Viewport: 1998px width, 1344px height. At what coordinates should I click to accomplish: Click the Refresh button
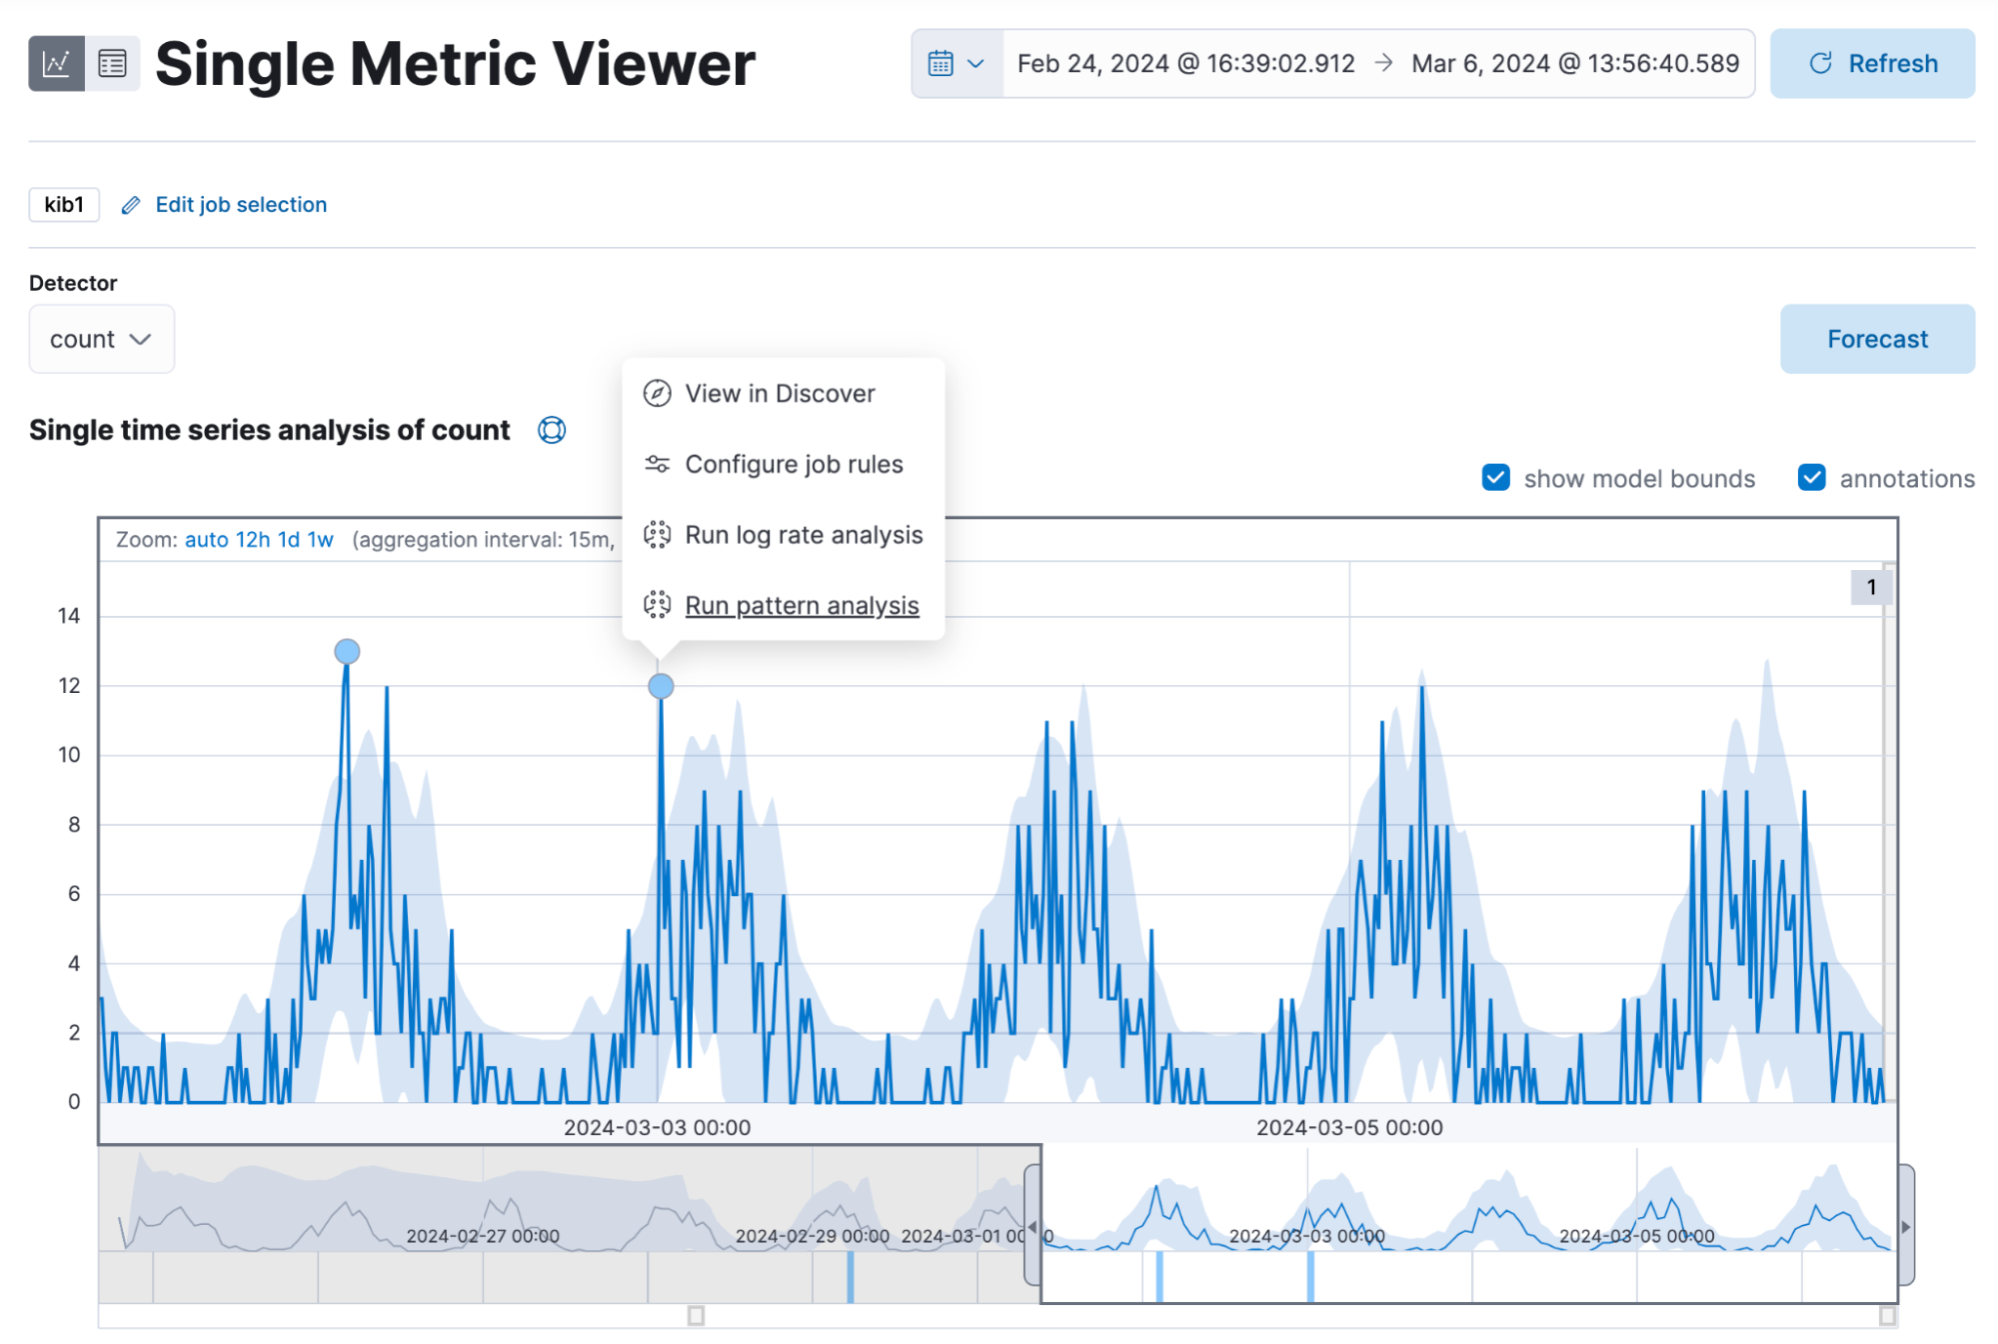point(1871,63)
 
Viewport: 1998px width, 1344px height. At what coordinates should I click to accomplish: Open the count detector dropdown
point(101,339)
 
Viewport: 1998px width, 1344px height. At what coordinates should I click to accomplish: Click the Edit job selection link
point(240,204)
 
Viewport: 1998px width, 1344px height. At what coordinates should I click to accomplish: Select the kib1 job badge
point(64,204)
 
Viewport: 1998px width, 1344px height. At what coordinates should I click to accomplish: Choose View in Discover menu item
point(779,393)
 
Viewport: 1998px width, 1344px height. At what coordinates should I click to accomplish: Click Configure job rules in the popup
point(793,464)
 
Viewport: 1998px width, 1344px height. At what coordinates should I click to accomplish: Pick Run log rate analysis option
point(803,535)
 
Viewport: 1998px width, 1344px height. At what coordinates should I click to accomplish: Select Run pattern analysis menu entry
point(801,605)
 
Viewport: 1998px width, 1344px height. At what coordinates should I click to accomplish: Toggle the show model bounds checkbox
point(1495,478)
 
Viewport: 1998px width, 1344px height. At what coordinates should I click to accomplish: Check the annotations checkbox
point(1811,478)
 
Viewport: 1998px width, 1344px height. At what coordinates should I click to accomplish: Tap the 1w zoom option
point(320,540)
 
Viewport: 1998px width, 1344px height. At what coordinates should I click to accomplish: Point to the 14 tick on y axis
point(68,616)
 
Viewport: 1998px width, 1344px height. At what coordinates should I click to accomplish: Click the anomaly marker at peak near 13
point(347,652)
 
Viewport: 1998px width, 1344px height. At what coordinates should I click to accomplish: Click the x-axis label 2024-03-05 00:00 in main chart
point(1348,1127)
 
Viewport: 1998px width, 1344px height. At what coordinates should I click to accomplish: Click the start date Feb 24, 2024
point(1185,63)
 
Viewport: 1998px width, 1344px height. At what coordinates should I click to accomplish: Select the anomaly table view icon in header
point(112,63)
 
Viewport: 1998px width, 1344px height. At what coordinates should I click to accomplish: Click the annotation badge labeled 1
point(1870,587)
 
